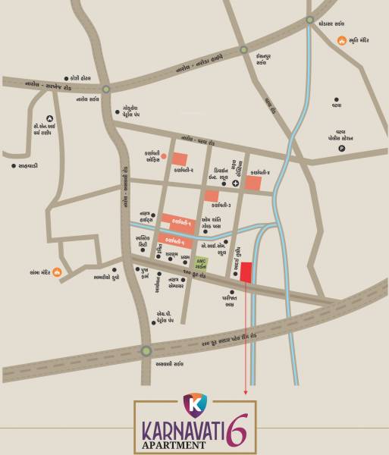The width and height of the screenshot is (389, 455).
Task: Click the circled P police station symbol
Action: pyautogui.click(x=341, y=148)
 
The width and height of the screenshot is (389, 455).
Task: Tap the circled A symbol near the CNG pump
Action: pyautogui.click(x=49, y=118)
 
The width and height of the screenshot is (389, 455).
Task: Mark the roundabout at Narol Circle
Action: pyautogui.click(x=105, y=88)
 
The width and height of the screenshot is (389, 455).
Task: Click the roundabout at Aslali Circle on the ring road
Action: pyautogui.click(x=146, y=350)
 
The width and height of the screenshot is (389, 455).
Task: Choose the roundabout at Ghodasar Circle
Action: pyautogui.click(x=310, y=20)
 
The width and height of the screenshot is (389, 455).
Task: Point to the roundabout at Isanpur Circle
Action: pyautogui.click(x=243, y=49)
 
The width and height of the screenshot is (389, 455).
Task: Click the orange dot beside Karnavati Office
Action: pyautogui.click(x=162, y=154)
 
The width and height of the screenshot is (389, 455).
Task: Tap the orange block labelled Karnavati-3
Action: pyautogui.click(x=211, y=196)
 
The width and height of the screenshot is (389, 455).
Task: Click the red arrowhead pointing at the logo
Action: pyautogui.click(x=245, y=392)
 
